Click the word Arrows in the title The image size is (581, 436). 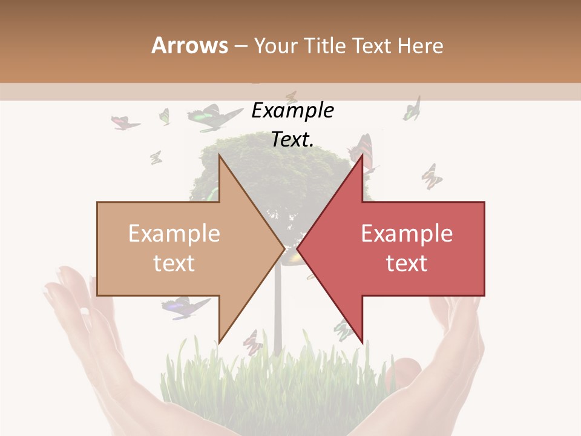(x=189, y=45)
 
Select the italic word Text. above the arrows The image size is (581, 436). (x=292, y=139)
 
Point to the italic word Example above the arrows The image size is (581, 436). (x=292, y=111)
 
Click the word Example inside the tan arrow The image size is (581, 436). (x=174, y=233)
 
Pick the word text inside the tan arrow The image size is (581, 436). (x=174, y=263)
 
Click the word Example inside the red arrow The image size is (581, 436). (x=407, y=233)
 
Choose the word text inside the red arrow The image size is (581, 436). (x=407, y=263)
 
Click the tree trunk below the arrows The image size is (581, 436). (x=278, y=309)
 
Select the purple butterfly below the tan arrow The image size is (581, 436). (x=185, y=307)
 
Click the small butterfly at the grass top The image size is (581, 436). (x=252, y=342)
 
